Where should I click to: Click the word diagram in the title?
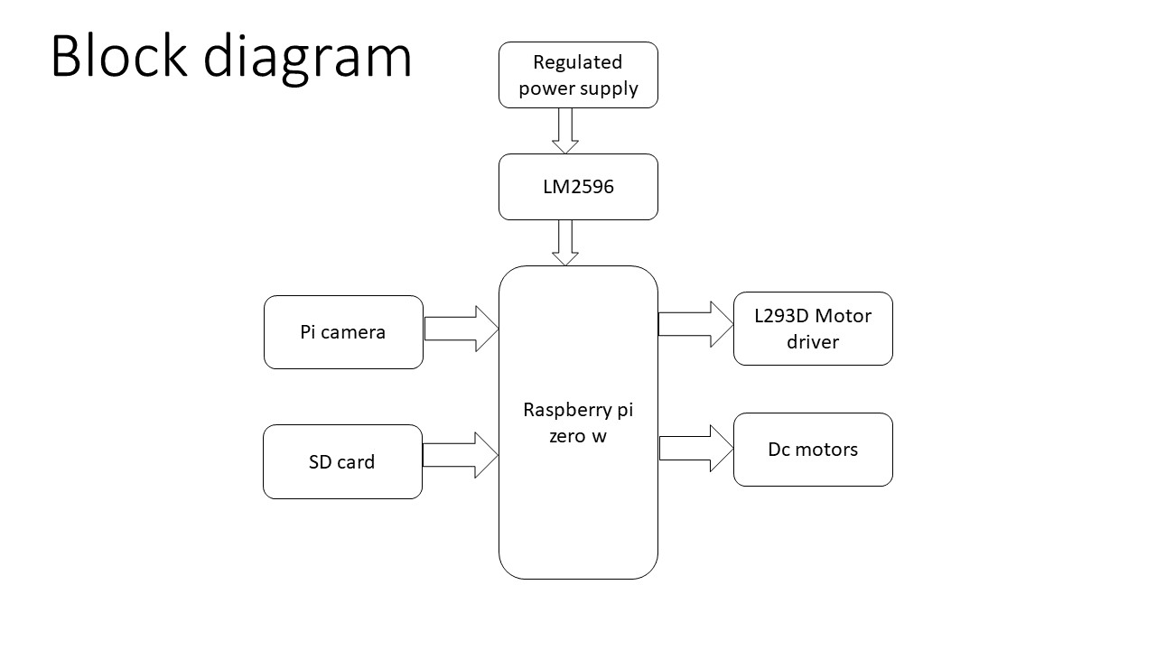308,58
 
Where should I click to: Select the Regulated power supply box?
578,75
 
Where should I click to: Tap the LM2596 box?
578,187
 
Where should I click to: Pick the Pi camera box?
343,332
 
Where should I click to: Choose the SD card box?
342,461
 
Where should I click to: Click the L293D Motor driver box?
813,329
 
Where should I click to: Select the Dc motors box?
813,450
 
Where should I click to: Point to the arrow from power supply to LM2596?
565,130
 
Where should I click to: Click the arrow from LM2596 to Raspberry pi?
565,242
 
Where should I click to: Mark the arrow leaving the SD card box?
460,454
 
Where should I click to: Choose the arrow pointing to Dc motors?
696,449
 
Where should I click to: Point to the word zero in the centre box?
567,436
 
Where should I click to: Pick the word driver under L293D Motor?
813,342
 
